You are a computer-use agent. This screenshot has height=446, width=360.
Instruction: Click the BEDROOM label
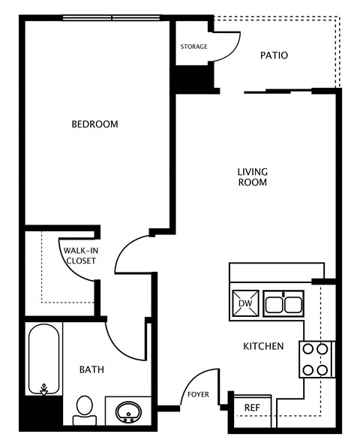[x=94, y=124]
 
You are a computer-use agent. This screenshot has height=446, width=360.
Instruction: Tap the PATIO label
[x=274, y=56]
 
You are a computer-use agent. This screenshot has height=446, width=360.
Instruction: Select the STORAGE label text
[x=193, y=47]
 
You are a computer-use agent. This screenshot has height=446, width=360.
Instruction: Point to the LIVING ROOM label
[x=253, y=176]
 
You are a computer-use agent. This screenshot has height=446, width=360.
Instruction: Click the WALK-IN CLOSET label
[x=79, y=255]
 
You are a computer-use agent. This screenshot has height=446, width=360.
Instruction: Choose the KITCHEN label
[x=263, y=346]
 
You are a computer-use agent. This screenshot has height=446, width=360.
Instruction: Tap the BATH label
[x=91, y=369]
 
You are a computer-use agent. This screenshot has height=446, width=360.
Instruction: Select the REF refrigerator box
[x=252, y=408]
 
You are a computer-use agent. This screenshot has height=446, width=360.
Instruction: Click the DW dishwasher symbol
[x=244, y=303]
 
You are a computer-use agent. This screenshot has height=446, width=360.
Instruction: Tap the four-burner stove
[x=316, y=359]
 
